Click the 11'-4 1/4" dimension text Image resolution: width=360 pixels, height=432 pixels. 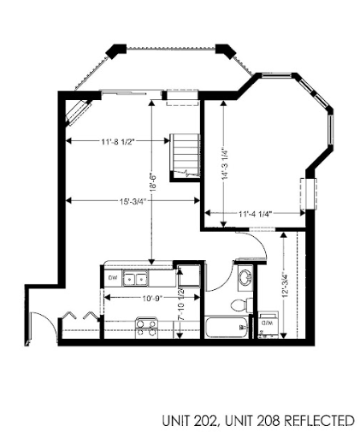pos(256,214)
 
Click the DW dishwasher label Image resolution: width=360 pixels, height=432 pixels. pos(112,278)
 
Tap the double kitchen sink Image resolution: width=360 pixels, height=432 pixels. pos(134,278)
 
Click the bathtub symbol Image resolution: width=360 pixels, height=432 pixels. pos(225,328)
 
